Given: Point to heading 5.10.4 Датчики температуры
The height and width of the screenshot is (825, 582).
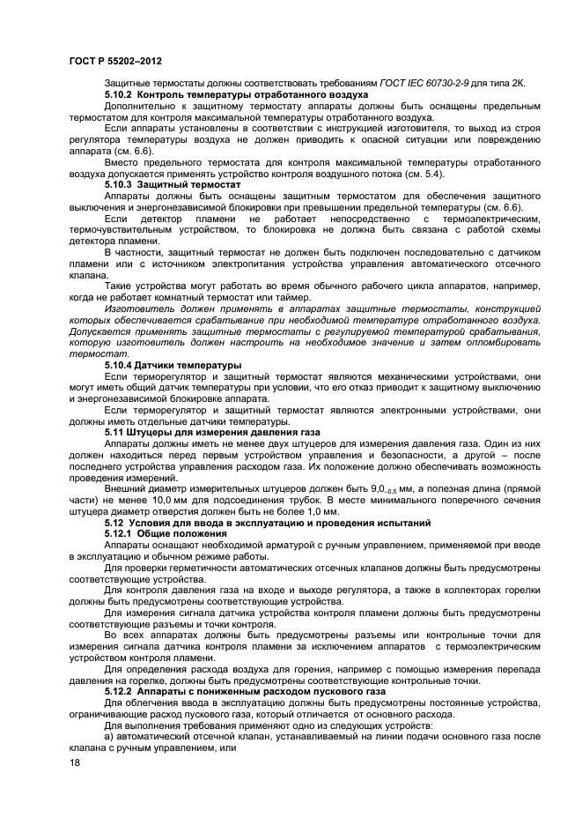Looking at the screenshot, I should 173,364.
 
